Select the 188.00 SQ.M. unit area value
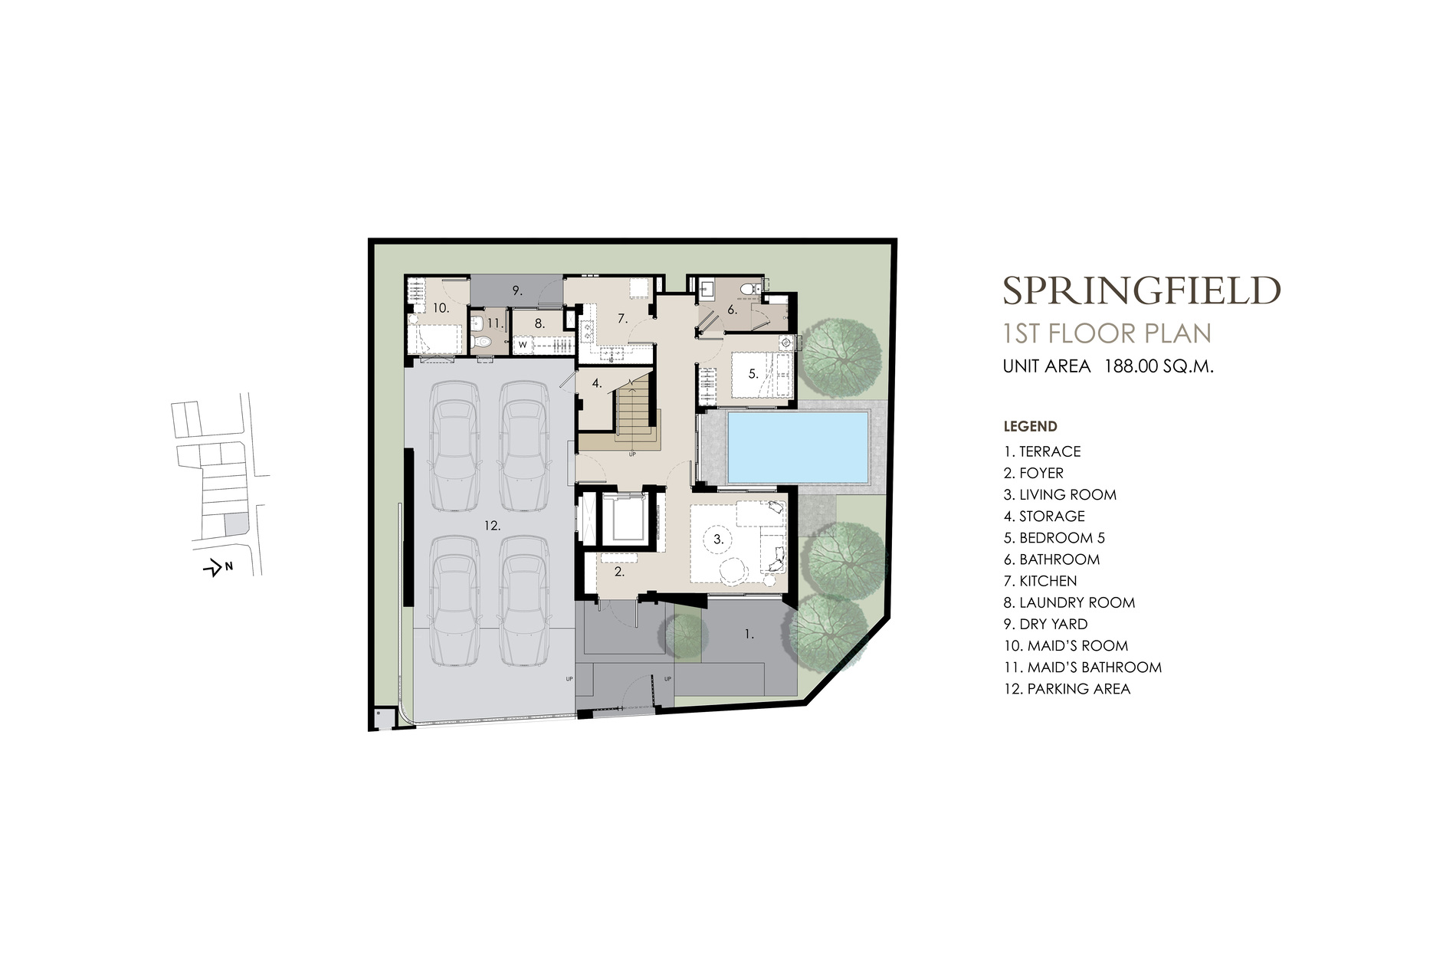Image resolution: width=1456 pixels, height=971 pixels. click(1159, 366)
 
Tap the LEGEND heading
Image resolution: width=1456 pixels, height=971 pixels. click(1031, 427)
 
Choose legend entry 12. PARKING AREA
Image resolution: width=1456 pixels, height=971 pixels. click(1067, 688)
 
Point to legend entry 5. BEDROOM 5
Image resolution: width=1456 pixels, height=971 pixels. click(1054, 538)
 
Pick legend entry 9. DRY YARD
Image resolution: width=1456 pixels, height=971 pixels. click(1046, 624)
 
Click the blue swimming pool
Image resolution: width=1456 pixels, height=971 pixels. click(797, 444)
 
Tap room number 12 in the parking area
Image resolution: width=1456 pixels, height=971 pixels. click(492, 526)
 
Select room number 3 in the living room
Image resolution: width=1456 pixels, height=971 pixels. click(718, 540)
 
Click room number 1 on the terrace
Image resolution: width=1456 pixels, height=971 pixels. click(749, 634)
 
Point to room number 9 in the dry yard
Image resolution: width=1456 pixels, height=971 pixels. click(517, 290)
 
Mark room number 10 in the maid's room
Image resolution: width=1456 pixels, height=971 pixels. click(441, 308)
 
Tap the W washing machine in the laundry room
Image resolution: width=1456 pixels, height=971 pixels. click(523, 346)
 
